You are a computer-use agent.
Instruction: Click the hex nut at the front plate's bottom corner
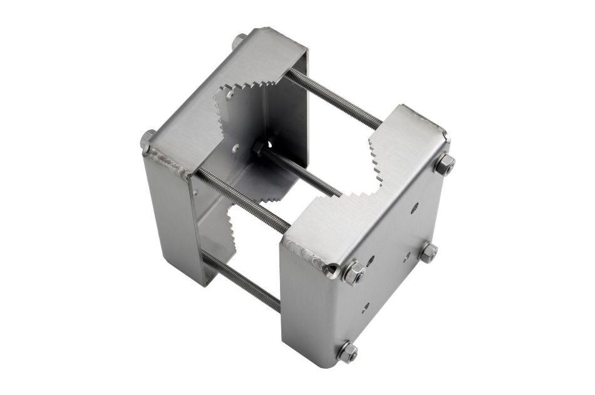346,351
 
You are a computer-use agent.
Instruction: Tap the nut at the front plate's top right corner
445,164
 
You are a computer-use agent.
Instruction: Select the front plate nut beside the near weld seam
354,272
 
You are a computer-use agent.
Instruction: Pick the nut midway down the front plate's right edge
428,252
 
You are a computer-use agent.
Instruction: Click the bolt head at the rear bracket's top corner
239,43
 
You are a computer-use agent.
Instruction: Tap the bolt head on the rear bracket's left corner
148,139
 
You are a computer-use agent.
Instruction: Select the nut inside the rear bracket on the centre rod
257,148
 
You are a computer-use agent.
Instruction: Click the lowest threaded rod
241,282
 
